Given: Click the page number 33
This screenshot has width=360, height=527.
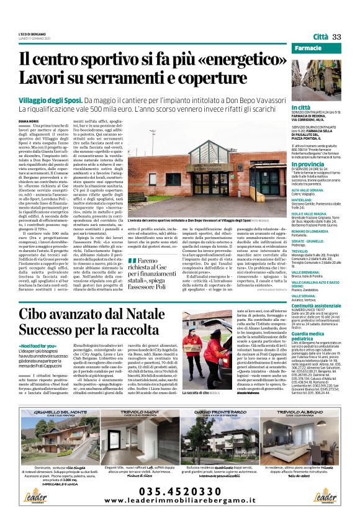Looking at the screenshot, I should [337, 37].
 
